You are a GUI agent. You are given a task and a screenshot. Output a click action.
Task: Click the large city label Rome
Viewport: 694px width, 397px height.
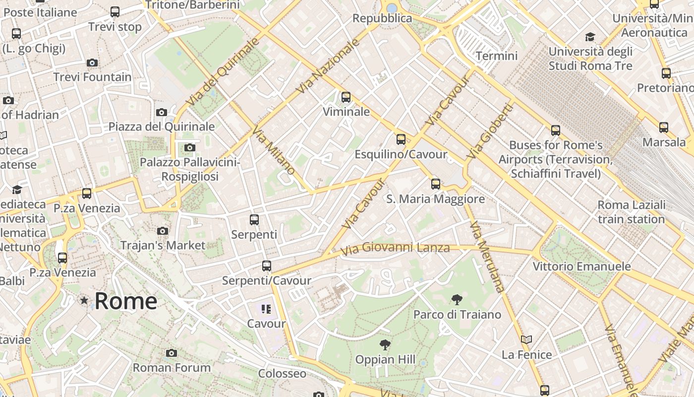(126, 301)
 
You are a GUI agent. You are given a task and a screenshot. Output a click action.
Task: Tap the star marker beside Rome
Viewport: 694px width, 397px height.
(84, 300)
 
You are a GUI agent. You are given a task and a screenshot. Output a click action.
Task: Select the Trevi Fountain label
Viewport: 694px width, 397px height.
(92, 77)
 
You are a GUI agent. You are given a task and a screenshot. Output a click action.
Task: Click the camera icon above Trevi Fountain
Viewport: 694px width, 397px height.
(92, 63)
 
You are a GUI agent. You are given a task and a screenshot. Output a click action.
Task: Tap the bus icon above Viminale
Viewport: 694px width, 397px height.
(346, 97)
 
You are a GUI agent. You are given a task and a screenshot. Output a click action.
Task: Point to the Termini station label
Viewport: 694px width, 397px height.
(496, 56)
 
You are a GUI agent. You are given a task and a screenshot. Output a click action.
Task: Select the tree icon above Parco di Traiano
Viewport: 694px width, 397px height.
(457, 299)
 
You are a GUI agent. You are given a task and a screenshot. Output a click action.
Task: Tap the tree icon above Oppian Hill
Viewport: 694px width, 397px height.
(385, 344)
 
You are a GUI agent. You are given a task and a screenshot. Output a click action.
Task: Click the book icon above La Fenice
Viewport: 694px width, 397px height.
(526, 340)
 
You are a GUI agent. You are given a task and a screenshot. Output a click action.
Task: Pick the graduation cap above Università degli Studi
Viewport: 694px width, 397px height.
(590, 37)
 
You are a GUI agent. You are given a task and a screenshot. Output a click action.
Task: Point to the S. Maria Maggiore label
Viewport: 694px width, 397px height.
(435, 199)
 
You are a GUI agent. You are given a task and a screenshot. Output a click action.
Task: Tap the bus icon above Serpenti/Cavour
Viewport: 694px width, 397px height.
(267, 266)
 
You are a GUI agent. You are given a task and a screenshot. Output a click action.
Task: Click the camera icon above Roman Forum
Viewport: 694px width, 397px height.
(172, 353)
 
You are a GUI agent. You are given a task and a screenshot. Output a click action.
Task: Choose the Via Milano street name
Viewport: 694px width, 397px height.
(274, 150)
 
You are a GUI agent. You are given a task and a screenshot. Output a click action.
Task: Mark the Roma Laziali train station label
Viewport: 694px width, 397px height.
(631, 212)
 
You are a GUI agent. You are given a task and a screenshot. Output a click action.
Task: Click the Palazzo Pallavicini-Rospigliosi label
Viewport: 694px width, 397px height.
(190, 169)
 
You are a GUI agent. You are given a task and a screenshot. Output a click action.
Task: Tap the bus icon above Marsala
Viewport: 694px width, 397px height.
(664, 128)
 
